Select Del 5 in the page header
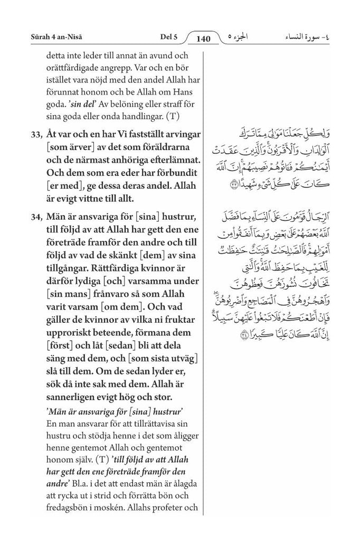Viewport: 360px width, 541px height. tap(168, 38)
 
